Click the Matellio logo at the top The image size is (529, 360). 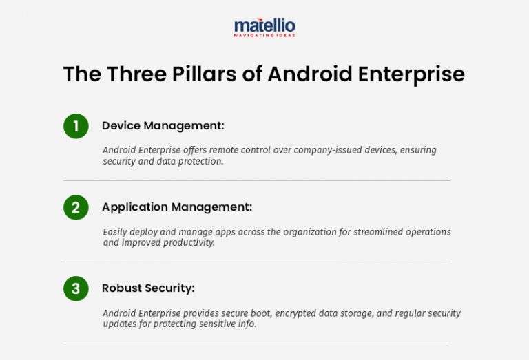pos(264,26)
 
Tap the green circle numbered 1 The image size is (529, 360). pos(76,126)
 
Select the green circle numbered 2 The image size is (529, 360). pos(76,207)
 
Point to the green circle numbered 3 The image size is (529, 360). pos(76,288)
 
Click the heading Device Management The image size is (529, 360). pos(163,126)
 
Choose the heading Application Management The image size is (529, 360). pos(177,207)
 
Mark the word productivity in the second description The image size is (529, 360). pos(188,243)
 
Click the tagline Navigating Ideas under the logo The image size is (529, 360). pos(264,35)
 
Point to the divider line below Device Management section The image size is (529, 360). pos(256,180)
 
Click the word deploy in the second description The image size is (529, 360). pos(149,232)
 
